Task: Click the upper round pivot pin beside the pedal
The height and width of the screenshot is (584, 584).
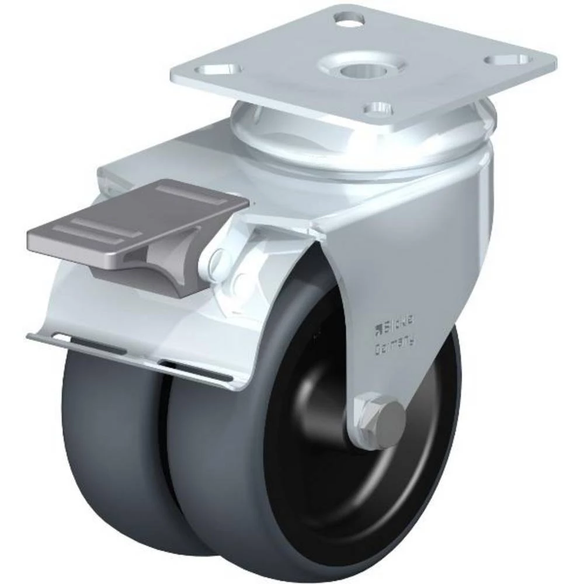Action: tap(216, 258)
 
